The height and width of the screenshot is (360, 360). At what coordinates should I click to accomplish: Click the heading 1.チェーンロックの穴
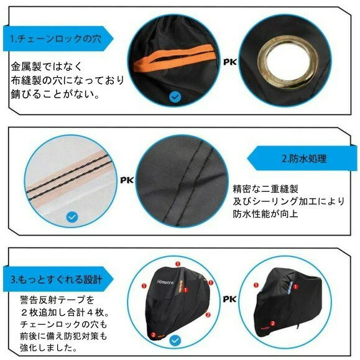56,39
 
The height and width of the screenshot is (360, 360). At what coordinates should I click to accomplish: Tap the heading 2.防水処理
304,159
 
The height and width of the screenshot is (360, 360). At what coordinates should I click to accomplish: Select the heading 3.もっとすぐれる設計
56,279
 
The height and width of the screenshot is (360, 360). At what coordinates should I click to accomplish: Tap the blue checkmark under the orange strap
175,97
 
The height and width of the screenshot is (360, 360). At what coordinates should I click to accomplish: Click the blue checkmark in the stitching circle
72,217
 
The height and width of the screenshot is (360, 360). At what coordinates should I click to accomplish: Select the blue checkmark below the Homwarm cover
175,341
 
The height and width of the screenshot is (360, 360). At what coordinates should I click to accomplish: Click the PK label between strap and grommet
230,62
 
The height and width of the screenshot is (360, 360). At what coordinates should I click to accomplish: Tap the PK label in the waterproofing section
127,180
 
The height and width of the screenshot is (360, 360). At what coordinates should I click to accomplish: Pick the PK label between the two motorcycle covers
229,299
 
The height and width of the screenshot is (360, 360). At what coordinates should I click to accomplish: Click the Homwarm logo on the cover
165,282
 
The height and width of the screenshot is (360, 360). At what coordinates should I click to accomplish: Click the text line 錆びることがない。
55,94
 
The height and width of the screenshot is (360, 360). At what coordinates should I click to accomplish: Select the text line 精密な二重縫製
265,189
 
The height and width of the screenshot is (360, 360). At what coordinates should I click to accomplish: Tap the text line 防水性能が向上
265,214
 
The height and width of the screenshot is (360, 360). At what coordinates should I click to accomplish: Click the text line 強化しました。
48,348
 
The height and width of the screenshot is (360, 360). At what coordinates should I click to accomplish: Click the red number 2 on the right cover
272,323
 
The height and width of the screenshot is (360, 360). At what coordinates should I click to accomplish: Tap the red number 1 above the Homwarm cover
178,264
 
